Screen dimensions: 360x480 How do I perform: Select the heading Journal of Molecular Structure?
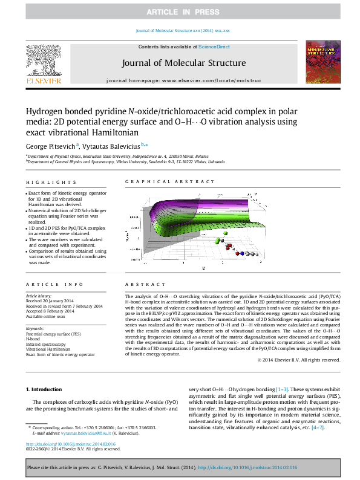click(x=184, y=63)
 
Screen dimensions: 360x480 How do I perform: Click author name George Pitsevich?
click(x=50, y=146)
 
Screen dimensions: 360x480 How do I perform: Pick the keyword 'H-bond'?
click(x=33, y=339)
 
